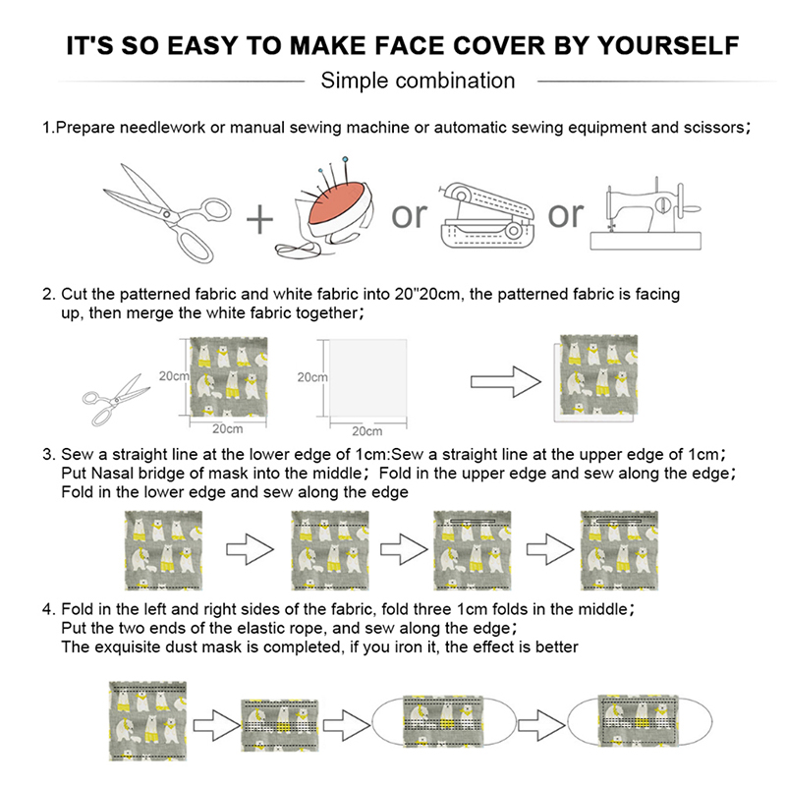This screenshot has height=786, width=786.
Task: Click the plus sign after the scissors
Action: pyautogui.click(x=259, y=219)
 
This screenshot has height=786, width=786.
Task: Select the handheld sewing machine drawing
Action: pyautogui.click(x=486, y=216)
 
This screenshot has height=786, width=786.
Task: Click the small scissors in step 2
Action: pyautogui.click(x=116, y=400)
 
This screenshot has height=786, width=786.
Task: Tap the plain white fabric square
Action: pyautogui.click(x=367, y=377)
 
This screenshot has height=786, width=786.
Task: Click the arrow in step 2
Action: pyautogui.click(x=505, y=382)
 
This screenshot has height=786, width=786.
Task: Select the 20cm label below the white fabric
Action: pyautogui.click(x=366, y=431)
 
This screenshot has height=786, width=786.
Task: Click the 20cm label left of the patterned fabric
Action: pyautogui.click(x=174, y=376)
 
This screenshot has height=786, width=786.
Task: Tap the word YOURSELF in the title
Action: pyautogui.click(x=668, y=45)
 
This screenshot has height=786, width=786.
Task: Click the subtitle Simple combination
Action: pyautogui.click(x=418, y=81)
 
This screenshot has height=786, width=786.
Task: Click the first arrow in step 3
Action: pyautogui.click(x=251, y=549)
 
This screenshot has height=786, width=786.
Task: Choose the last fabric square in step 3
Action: pyautogui.click(x=619, y=550)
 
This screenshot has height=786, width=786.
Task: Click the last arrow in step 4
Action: pyautogui.click(x=541, y=725)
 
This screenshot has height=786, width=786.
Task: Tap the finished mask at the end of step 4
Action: pyautogui.click(x=640, y=723)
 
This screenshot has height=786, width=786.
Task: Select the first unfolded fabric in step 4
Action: pyautogui.click(x=148, y=721)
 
